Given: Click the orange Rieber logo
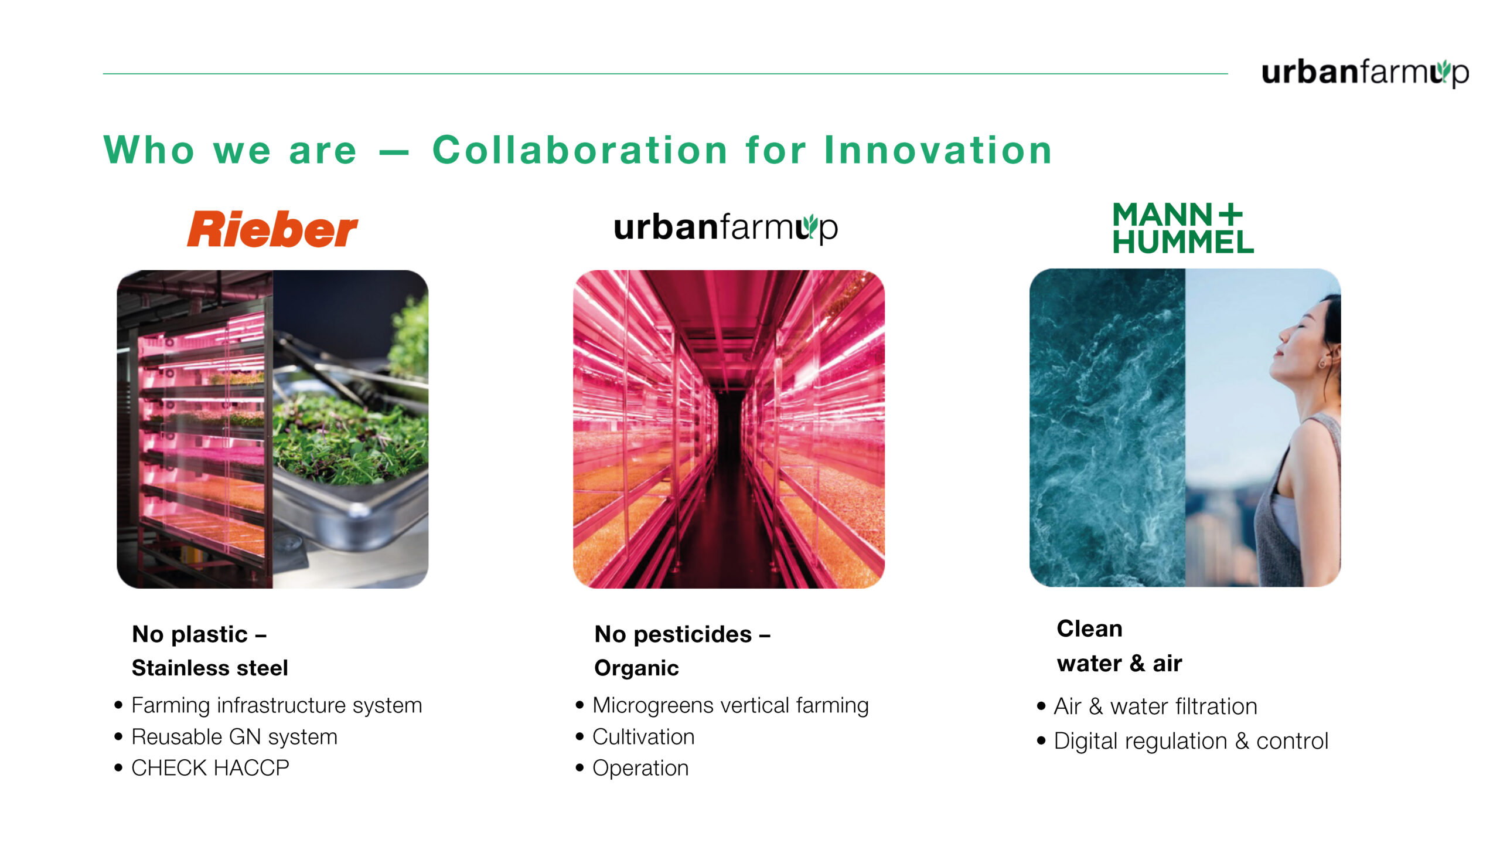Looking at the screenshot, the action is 272,229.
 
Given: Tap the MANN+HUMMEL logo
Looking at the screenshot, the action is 1183,228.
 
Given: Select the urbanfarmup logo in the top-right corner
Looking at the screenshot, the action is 1365,73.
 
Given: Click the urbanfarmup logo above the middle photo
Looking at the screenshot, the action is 725,227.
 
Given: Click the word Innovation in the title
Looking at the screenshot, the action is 938,150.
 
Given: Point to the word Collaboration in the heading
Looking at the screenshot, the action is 580,150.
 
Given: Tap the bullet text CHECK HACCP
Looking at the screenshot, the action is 210,767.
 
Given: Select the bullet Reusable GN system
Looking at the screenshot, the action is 234,736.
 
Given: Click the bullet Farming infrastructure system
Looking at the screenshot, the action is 277,705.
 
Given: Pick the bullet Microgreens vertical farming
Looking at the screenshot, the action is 731,705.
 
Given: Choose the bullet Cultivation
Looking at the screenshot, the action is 643,736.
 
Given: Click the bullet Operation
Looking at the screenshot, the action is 640,768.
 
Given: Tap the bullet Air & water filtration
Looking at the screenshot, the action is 1155,706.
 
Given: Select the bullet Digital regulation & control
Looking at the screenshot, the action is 1191,741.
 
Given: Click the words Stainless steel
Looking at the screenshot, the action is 210,668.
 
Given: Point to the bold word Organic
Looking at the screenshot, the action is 636,668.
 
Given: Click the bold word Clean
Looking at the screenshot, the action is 1089,628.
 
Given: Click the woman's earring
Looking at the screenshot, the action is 1321,364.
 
